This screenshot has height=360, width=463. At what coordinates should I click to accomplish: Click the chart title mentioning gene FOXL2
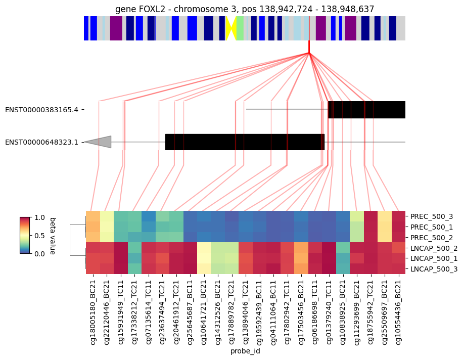pyautogui.click(x=245, y=9)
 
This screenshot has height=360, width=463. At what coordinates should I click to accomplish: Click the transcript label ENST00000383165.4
pyautogui.click(x=41, y=110)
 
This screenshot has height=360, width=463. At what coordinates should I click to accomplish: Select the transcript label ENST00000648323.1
pyautogui.click(x=41, y=142)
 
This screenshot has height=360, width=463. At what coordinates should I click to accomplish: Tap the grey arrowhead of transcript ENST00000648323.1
pyautogui.click(x=98, y=142)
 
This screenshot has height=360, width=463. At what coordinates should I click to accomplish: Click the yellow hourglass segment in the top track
pyautogui.click(x=231, y=28)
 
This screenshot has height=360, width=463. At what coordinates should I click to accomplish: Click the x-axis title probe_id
pyautogui.click(x=245, y=351)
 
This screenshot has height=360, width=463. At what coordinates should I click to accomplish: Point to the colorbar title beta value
pyautogui.click(x=53, y=236)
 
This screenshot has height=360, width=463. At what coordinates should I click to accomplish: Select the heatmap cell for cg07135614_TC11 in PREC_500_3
pyautogui.click(x=149, y=216)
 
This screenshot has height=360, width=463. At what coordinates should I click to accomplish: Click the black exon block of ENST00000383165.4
pyautogui.click(x=366, y=110)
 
